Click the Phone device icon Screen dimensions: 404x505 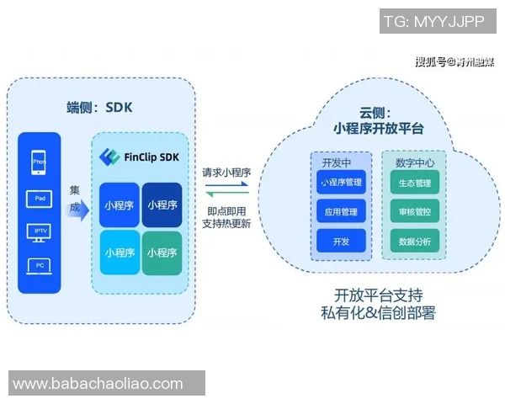[39, 162]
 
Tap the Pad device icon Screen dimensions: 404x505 [39, 199]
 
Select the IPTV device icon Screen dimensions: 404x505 [39, 231]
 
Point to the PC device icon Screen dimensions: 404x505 [39, 266]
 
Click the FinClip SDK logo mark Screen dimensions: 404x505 [107, 157]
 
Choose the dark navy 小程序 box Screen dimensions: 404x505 [162, 205]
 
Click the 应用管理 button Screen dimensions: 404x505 [341, 211]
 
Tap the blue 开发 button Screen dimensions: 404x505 [341, 241]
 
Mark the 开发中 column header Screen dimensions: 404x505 [336, 160]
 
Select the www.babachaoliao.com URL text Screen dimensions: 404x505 [98, 384]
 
